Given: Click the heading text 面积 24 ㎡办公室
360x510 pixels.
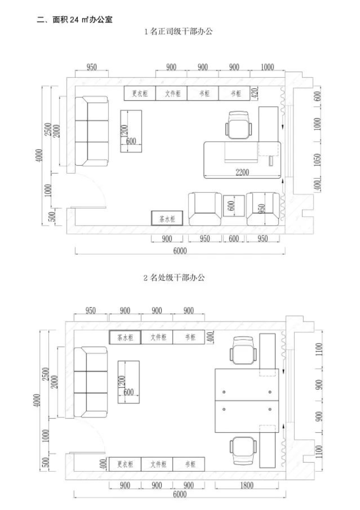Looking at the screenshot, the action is point(82,19).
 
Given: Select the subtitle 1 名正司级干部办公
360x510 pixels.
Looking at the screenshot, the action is point(178,32).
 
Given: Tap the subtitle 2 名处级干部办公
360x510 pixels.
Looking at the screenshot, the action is point(174,277).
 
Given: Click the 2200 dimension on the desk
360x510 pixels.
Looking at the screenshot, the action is point(242,172).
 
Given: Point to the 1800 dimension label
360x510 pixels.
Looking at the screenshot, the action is point(247,485).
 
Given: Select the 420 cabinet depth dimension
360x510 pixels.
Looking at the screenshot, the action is point(255,93).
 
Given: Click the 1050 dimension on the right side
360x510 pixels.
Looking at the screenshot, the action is point(317,159).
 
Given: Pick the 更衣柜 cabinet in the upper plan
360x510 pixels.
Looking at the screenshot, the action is point(140,93).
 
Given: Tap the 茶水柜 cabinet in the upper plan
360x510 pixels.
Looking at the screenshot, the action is point(167,218).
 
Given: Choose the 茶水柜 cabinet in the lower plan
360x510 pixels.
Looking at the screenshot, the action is point(125,337).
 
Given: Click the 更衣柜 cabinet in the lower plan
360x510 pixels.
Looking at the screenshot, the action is point(125,464).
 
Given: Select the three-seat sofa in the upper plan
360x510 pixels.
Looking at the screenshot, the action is point(92,131).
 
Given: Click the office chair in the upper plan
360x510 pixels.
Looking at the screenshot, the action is point(239,125).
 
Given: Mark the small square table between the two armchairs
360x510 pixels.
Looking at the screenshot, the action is point(234,206).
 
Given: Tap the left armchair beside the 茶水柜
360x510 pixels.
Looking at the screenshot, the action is point(205,209).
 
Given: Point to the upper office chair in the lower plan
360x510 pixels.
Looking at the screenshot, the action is point(243,351).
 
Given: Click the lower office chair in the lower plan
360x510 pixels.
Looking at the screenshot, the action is point(243,451).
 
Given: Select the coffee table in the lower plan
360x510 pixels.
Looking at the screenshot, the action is point(128,382).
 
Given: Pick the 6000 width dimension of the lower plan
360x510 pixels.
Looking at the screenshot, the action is point(180,494).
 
